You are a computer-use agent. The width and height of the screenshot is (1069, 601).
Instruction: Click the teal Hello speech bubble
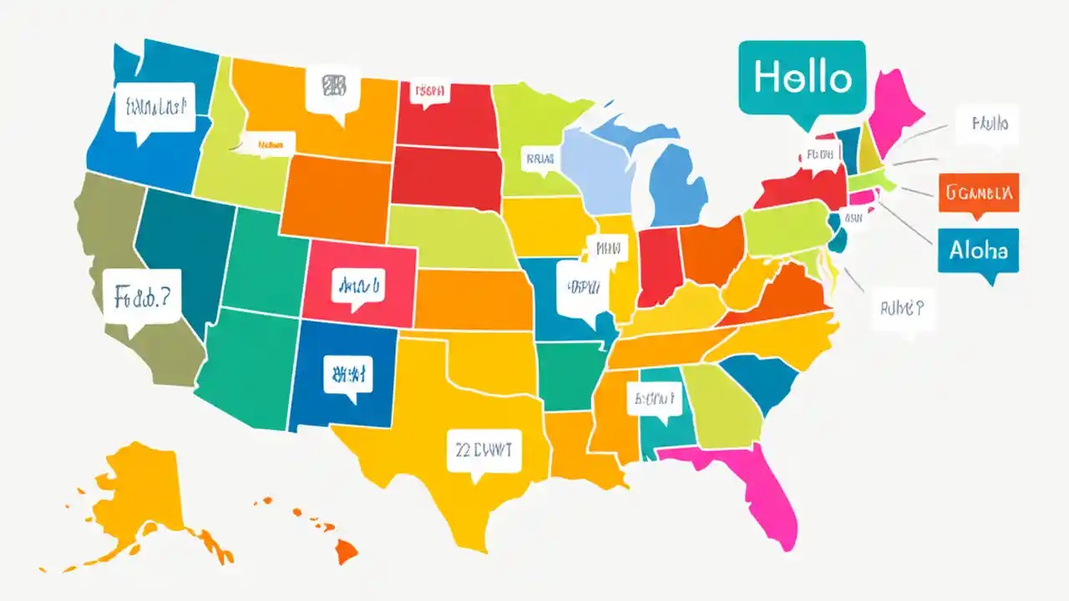coord(802,78)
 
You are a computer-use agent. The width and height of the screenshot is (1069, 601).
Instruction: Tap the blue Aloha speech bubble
coord(978,250)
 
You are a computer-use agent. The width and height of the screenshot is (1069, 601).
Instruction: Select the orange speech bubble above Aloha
coord(978,194)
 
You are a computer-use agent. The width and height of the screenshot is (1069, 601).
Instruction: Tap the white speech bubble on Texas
coord(484,451)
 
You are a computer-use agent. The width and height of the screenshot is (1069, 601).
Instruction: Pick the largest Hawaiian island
coord(347,550)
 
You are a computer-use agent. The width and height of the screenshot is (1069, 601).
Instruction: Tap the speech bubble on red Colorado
coord(357,285)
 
